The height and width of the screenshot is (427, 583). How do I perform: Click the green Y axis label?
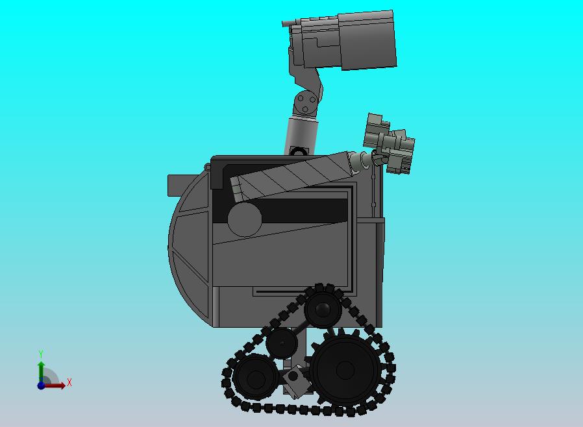click(x=41, y=354)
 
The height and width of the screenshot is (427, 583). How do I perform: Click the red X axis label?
click(x=69, y=382)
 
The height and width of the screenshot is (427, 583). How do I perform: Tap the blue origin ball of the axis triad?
click(x=41, y=385)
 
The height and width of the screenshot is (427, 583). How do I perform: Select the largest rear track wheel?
click(x=345, y=370)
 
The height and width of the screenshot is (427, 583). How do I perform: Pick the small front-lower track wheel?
click(x=256, y=377)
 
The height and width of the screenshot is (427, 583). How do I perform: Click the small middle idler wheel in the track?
click(x=282, y=343)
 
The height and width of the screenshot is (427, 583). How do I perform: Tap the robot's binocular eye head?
click(x=340, y=40)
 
